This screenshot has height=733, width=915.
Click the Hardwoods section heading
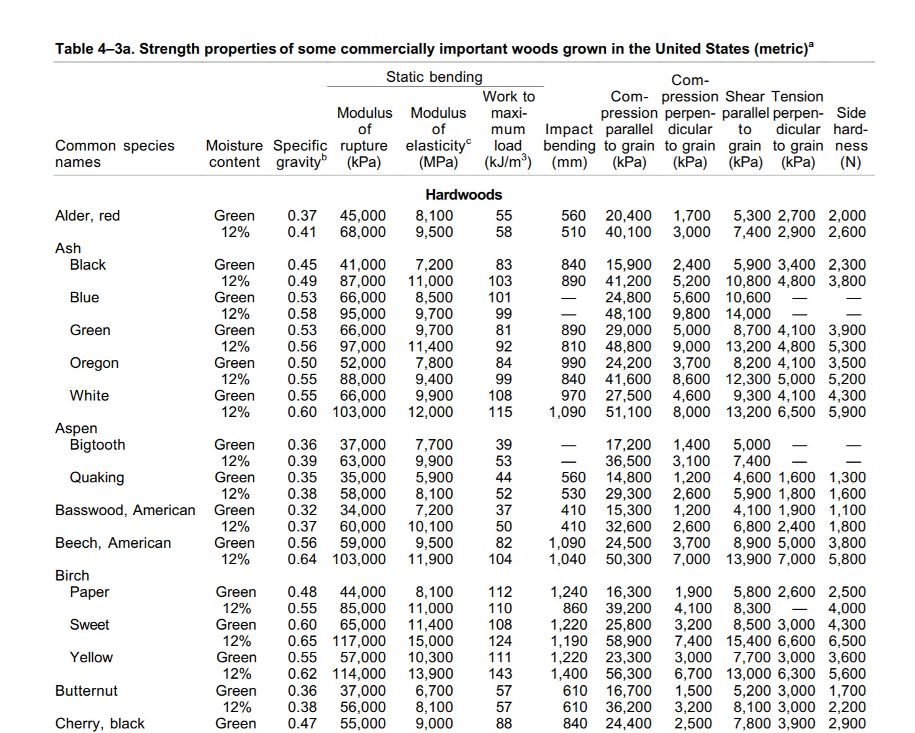point(464,194)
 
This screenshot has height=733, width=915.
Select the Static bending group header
point(434,77)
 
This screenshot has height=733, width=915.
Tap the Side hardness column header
point(850,137)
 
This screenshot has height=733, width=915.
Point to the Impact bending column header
point(569,145)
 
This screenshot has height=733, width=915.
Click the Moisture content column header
point(234,154)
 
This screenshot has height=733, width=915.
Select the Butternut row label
point(86,690)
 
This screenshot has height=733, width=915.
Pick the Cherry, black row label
point(100,723)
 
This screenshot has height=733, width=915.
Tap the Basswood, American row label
point(125,510)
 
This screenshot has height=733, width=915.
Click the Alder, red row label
point(88,216)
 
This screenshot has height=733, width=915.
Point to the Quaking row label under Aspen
point(97,478)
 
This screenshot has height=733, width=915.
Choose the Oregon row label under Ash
point(94,363)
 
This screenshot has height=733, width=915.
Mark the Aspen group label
point(76,428)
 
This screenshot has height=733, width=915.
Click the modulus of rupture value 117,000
point(360,641)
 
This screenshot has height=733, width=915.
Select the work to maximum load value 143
point(500,673)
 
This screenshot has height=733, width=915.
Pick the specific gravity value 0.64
point(302,559)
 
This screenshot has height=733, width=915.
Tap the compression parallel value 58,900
point(628,641)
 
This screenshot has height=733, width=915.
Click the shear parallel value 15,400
point(748,641)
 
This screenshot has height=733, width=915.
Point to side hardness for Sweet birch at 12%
point(847,641)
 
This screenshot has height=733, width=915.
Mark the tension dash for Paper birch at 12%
point(799,609)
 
